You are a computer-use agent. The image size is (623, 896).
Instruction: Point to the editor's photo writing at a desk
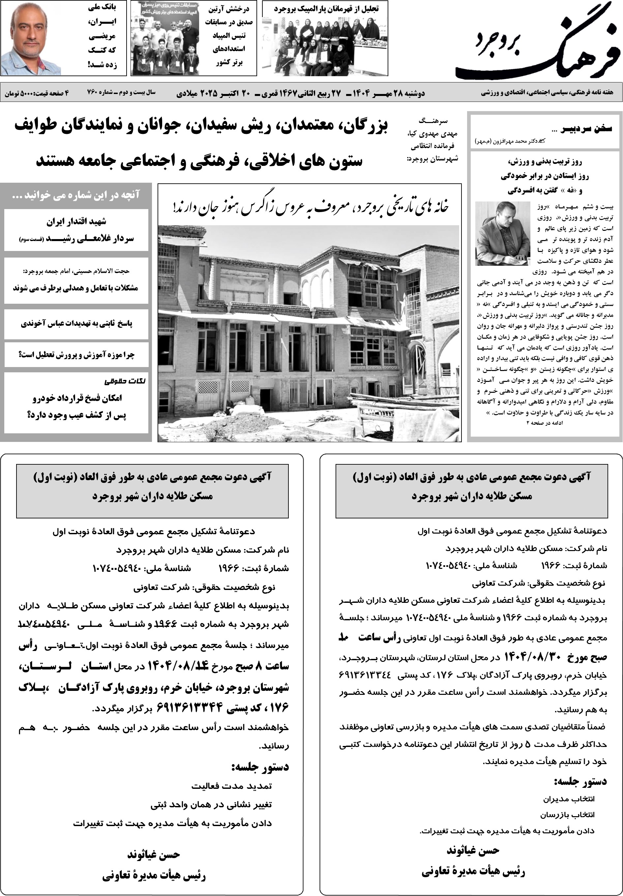point(502,233)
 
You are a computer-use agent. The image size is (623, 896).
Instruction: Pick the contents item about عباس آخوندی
point(76,324)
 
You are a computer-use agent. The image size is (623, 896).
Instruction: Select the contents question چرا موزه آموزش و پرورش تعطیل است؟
point(76,355)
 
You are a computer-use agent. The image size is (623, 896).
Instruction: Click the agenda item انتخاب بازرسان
point(567,815)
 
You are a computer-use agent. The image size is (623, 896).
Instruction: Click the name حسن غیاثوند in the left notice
point(153,855)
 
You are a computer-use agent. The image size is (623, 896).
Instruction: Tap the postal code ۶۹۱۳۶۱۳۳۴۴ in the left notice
point(190,706)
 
